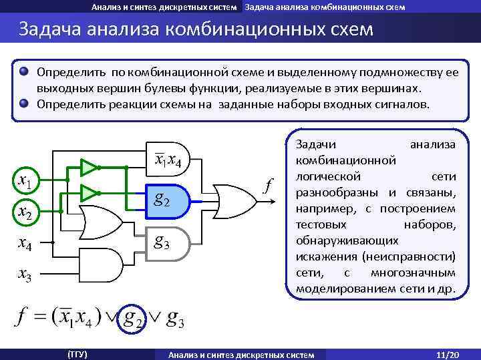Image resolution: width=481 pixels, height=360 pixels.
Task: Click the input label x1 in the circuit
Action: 27,181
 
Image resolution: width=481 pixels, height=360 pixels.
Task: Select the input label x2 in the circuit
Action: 27,212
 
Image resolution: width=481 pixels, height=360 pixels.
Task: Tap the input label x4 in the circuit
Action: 27,244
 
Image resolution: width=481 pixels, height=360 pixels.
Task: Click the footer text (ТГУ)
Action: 77,353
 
